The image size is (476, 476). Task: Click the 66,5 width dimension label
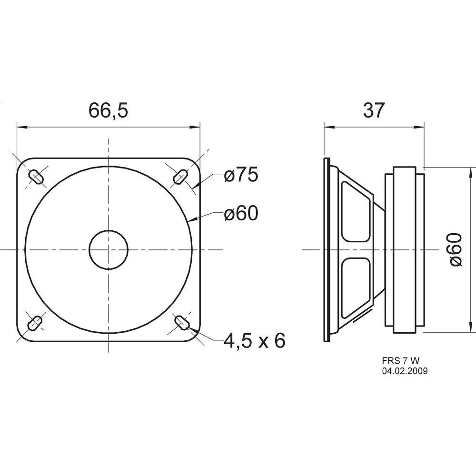coord(108,110)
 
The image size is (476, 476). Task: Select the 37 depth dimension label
coord(374,110)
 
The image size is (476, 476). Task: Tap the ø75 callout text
coord(241,176)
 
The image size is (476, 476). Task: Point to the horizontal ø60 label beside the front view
coord(241,214)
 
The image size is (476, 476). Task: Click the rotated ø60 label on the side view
coord(456,249)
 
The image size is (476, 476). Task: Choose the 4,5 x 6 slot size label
coord(255,340)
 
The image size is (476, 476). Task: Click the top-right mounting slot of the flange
coord(180,177)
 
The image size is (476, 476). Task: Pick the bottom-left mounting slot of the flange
coord(35,324)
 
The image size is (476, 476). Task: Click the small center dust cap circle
coord(109,249)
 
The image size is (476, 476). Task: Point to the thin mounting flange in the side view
coord(326,249)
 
